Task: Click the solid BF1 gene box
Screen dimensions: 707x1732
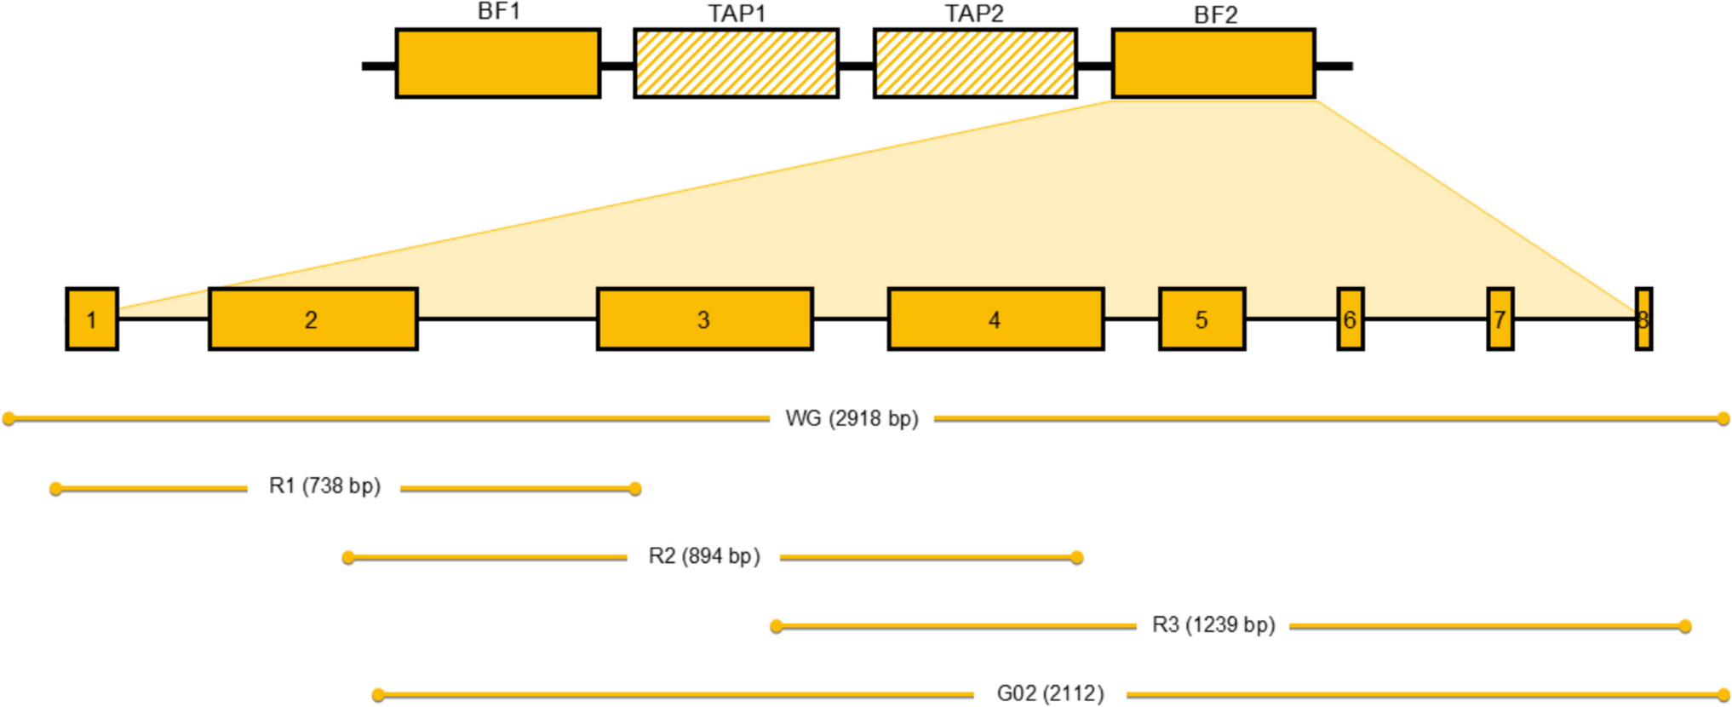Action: coord(498,64)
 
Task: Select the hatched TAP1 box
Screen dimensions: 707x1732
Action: coord(737,64)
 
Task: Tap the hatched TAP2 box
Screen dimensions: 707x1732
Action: coord(975,64)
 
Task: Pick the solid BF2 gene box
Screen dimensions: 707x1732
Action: coord(1213,64)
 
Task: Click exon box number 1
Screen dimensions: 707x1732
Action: coord(92,319)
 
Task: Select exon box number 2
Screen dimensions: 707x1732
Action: coord(313,319)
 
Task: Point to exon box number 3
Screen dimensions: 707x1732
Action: coord(705,319)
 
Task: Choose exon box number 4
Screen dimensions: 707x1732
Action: coord(996,319)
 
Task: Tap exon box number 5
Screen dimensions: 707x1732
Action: coord(1202,319)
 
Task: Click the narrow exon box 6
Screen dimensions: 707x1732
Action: coord(1351,319)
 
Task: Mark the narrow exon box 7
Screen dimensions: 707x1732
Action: coord(1500,319)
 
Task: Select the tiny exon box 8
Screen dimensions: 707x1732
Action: coord(1644,319)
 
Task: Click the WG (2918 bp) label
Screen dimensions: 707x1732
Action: coord(852,419)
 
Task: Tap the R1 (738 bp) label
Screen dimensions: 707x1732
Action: coord(324,486)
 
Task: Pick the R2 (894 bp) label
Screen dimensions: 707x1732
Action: coord(704,556)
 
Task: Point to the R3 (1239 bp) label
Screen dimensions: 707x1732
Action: coord(1213,625)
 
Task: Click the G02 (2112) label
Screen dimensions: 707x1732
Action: coord(1050,694)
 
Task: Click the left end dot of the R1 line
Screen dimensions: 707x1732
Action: coord(56,489)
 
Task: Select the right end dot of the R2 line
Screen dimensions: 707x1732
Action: coord(1077,558)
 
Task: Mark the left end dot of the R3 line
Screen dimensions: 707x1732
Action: coord(777,627)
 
